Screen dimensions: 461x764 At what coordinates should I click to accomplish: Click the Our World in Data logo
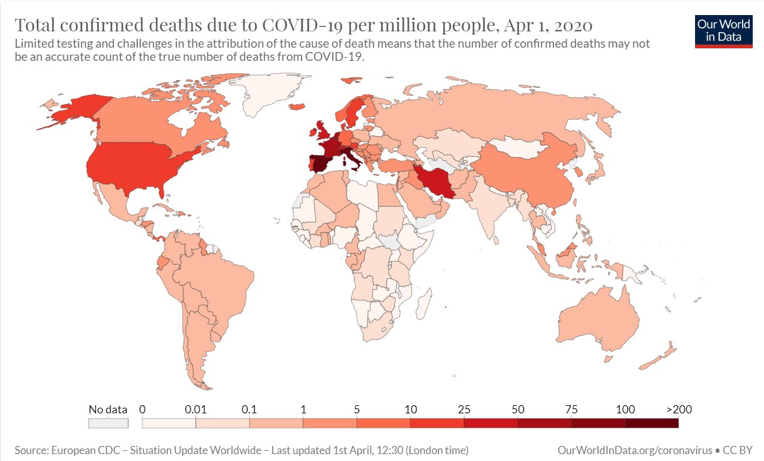click(x=724, y=31)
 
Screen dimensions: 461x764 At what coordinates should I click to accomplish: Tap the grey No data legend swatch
click(x=108, y=423)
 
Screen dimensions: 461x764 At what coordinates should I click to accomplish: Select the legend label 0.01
click(x=196, y=410)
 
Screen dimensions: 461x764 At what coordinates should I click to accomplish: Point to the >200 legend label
click(x=679, y=410)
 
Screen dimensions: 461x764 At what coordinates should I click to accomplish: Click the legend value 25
click(x=464, y=410)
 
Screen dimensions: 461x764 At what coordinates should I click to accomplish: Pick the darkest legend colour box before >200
click(x=652, y=423)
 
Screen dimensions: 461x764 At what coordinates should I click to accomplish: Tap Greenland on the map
click(x=276, y=94)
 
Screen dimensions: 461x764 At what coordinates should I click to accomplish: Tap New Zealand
click(x=658, y=358)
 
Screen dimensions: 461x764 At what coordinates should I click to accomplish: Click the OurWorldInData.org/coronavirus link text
click(x=634, y=450)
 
